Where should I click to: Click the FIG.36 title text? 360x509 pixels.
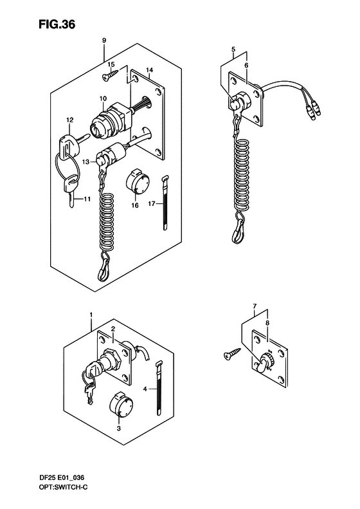point(57,24)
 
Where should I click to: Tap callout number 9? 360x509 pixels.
point(104,41)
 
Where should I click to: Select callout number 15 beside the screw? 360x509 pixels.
point(111,64)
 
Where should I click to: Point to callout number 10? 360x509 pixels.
point(103,98)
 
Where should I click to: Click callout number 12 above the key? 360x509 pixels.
point(69,120)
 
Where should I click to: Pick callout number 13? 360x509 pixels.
point(85,162)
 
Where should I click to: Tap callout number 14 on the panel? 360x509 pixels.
point(150,69)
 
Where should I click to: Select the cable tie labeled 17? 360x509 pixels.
point(165,203)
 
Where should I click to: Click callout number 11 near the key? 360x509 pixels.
point(87,199)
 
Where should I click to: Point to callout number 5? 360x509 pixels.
point(233,50)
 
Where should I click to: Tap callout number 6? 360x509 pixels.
point(246,65)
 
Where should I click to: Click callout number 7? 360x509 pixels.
point(255,306)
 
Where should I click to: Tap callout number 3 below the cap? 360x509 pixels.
point(119,428)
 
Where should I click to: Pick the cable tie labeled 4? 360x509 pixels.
point(159,388)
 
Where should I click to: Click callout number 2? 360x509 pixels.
point(113,329)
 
